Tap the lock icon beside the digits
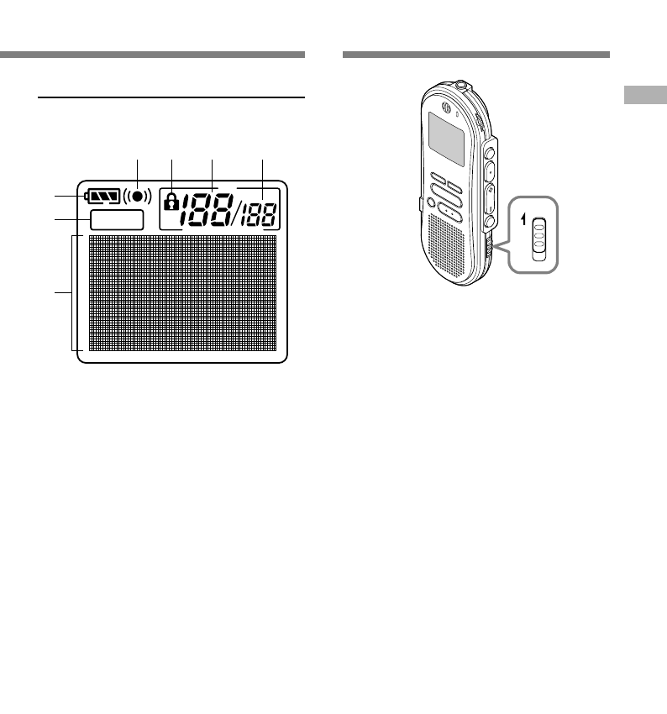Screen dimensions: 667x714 pyautogui.click(x=171, y=202)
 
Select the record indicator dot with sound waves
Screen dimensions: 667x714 pyautogui.click(x=137, y=197)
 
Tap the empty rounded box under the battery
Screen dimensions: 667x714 pyautogui.click(x=116, y=220)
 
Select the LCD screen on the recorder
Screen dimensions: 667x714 pyautogui.click(x=445, y=139)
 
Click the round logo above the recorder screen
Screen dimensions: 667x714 pyautogui.click(x=447, y=105)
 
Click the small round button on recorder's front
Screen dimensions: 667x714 pyautogui.click(x=430, y=203)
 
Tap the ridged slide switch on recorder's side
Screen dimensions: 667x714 pyautogui.click(x=490, y=249)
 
